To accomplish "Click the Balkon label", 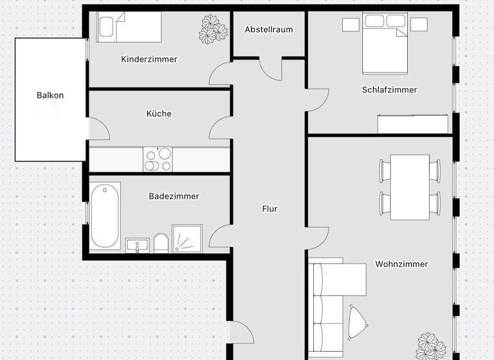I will (50, 95).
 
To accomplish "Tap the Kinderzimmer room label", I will (149, 59).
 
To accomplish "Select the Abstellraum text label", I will (269, 30).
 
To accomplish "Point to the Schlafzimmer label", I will (389, 90).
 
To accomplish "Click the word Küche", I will (159, 114).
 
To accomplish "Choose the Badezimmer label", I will (174, 196).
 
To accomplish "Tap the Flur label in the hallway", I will (270, 209).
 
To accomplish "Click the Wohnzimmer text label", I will (401, 264).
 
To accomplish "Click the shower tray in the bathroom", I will (187, 239).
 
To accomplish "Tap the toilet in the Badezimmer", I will (161, 243).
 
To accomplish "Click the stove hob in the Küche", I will (158, 159).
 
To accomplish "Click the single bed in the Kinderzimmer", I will (129, 28).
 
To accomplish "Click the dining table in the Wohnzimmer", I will (410, 186).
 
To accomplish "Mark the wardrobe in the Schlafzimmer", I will (412, 123).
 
